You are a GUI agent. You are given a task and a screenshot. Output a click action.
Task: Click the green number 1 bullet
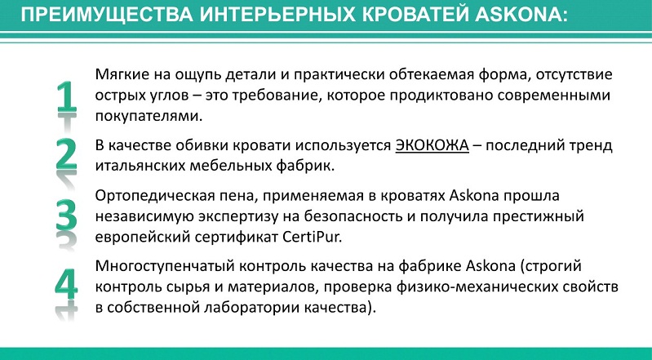coord(67,97)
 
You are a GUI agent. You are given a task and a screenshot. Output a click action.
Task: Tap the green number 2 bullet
coord(67,154)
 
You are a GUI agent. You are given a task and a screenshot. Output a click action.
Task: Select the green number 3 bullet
coord(67,216)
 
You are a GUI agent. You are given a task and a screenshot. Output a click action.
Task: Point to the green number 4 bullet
coord(67,284)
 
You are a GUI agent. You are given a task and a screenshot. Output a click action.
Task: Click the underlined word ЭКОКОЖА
coord(432,145)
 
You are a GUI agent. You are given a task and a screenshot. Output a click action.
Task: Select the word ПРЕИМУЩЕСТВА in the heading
coord(107,16)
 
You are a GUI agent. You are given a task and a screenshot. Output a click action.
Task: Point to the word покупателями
coord(149,116)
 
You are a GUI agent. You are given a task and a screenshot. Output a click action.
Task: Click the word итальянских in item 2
coord(140,166)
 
